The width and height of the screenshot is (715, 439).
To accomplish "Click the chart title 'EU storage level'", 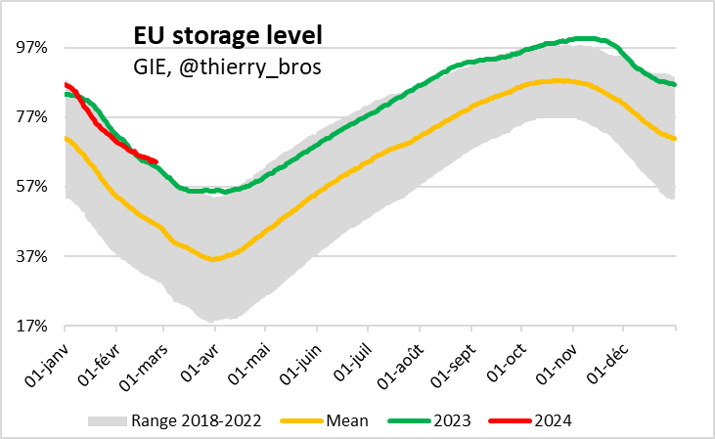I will click(x=227, y=37).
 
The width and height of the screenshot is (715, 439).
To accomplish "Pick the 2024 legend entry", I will click(x=553, y=420).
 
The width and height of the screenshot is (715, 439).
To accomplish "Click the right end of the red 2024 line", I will click(x=156, y=161).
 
